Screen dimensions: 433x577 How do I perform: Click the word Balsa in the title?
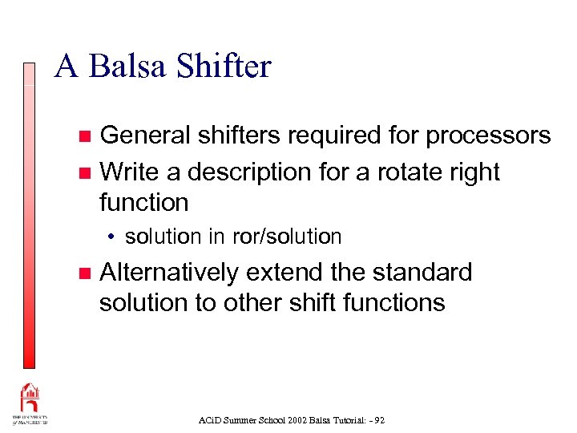tap(129, 67)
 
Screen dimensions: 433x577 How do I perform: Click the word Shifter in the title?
tap(225, 67)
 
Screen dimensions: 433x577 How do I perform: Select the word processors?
tap(488, 136)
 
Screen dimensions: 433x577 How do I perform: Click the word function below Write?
tap(143, 202)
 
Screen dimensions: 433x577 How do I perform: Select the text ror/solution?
tap(286, 237)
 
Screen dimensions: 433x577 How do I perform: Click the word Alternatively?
tap(169, 273)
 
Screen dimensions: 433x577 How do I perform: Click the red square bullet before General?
tap(86, 136)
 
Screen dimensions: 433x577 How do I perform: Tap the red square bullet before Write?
tap(86, 172)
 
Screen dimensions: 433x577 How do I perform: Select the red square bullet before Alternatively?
tap(86, 273)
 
